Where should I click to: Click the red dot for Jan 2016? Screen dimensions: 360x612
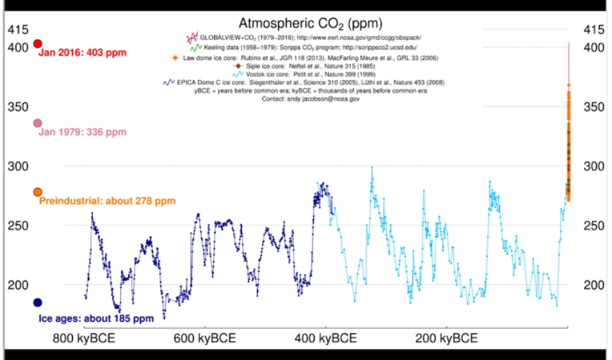[37, 44]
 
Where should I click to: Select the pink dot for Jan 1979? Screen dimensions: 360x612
[37, 123]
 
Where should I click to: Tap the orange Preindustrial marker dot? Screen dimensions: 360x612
[37, 192]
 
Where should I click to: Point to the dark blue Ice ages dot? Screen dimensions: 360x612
[37, 302]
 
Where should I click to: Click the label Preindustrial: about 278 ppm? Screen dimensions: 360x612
[107, 201]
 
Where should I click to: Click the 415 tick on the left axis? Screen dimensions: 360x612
[17, 30]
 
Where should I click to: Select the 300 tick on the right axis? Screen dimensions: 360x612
[593, 166]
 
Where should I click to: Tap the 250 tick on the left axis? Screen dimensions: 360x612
[17, 225]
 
